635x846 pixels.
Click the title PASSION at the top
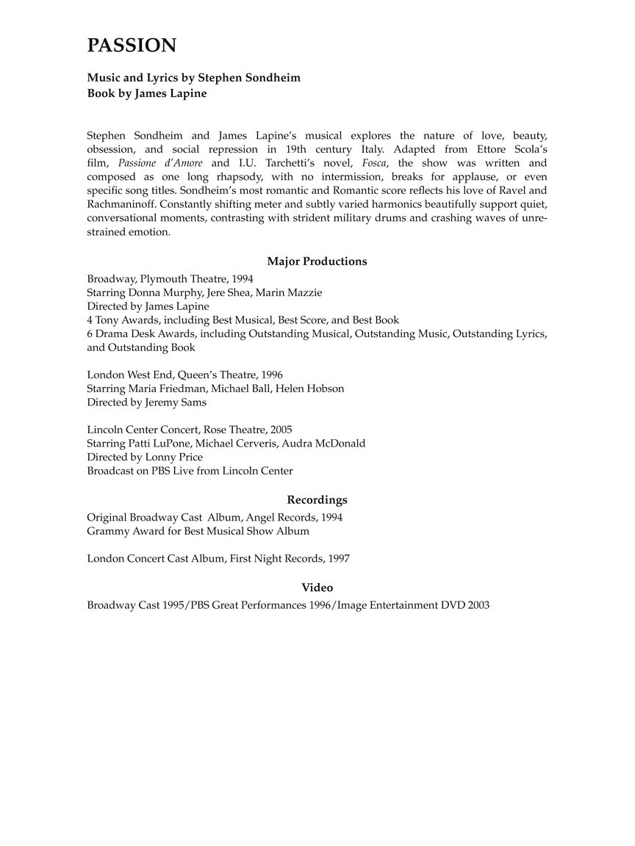(132, 46)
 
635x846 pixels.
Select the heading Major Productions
(317, 261)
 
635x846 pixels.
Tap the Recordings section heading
(317, 500)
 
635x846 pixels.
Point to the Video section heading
(317, 587)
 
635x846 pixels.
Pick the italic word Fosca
(374, 163)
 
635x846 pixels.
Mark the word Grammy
(107, 530)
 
